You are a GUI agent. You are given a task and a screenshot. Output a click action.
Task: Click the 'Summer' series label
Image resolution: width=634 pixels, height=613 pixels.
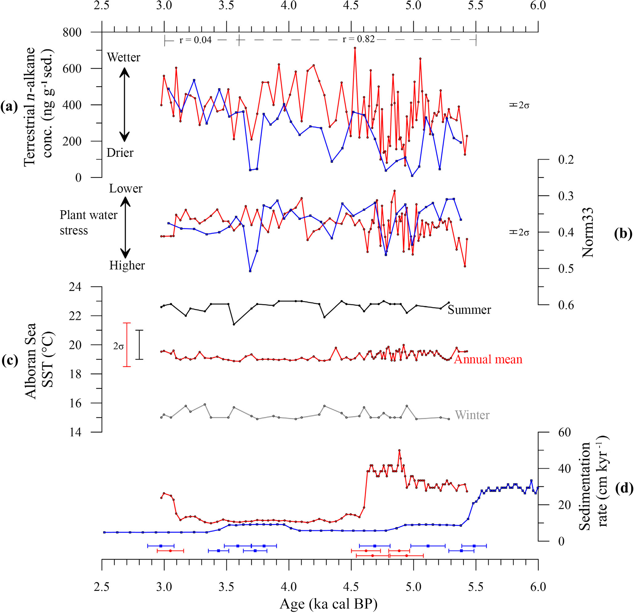tap(469, 310)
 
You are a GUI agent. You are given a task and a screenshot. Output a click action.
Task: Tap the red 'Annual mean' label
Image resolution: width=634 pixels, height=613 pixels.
tap(488, 359)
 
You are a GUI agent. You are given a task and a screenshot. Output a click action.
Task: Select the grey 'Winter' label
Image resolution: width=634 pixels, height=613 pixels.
tap(472, 415)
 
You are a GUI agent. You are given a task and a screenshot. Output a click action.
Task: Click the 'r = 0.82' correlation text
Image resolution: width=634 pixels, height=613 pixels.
tap(358, 39)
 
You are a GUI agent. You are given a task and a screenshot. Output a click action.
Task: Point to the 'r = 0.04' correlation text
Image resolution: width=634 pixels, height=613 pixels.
tap(195, 40)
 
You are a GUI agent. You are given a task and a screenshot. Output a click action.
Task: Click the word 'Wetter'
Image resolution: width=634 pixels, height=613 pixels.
tap(124, 57)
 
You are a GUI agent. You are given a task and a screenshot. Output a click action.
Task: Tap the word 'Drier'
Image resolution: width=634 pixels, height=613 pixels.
tap(120, 153)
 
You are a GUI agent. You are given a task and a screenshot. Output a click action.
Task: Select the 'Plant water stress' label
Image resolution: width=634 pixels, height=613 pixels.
tap(88, 222)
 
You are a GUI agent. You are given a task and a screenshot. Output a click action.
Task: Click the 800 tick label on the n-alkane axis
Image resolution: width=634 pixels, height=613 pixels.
tap(72, 32)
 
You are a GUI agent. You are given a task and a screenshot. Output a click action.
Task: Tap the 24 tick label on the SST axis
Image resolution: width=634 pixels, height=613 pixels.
tap(75, 287)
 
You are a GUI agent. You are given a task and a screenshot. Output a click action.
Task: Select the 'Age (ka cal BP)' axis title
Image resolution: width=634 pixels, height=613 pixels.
tap(328, 603)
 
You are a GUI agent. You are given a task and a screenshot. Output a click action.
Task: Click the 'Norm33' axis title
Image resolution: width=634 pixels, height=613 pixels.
tap(588, 232)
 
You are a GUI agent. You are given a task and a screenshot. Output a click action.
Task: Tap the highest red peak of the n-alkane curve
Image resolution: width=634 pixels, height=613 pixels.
tap(355, 48)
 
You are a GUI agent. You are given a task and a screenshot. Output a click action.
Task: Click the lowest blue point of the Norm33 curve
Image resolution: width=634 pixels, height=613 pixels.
tap(250, 271)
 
